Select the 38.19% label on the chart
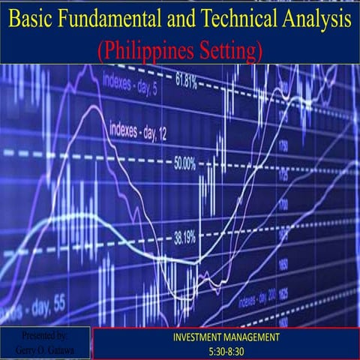coord(184,238)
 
